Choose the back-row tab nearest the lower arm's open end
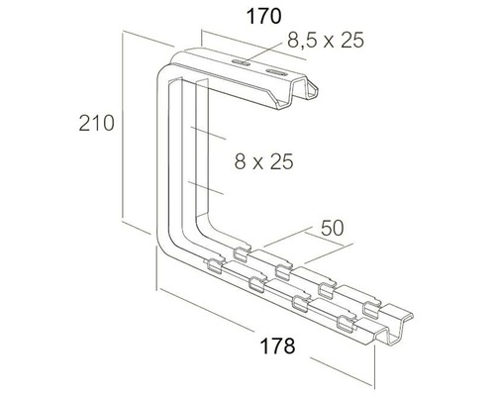(374, 301)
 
